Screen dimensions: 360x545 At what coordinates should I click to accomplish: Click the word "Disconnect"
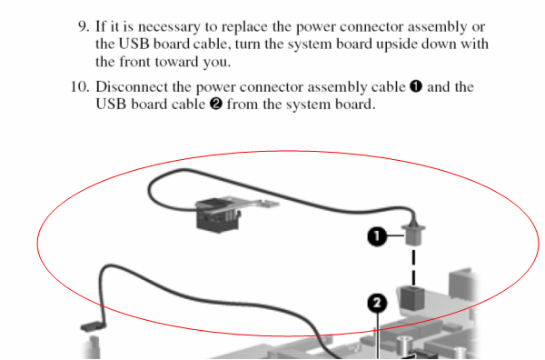coord(137,87)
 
